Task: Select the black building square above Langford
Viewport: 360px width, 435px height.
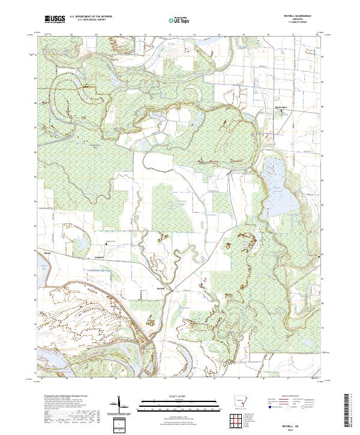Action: click(106, 242)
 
